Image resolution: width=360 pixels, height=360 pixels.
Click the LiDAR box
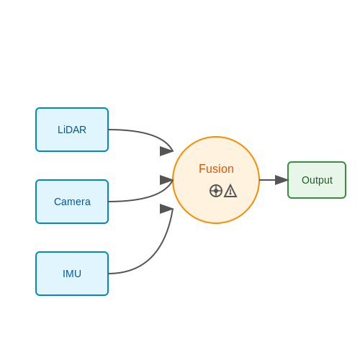pyautogui.click(x=72, y=130)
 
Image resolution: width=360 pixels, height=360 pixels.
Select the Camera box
pyautogui.click(x=72, y=202)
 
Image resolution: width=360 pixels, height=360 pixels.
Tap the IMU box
pyautogui.click(x=72, y=274)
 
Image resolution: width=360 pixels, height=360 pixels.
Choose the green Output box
pyautogui.click(x=317, y=180)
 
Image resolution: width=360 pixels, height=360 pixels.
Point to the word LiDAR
pyautogui.click(x=72, y=130)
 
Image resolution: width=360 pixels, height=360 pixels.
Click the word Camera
pyautogui.click(x=72, y=202)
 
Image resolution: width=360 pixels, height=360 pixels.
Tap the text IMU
pyautogui.click(x=72, y=274)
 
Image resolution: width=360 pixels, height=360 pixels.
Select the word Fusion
pyautogui.click(x=216, y=168)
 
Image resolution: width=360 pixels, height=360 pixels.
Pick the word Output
pyautogui.click(x=317, y=181)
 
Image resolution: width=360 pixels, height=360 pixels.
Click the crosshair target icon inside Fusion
pyautogui.click(x=216, y=191)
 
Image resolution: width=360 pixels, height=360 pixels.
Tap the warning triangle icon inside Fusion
pyautogui.click(x=230, y=191)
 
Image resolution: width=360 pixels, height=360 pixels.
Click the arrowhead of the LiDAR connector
pyautogui.click(x=166, y=151)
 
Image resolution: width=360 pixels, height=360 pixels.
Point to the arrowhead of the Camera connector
pyautogui.click(x=166, y=180)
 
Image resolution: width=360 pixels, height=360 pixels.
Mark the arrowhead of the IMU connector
pyautogui.click(x=166, y=209)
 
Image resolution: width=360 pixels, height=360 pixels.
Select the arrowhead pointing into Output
pyautogui.click(x=282, y=180)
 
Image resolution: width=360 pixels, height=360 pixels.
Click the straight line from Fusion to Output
pyautogui.click(x=268, y=180)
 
